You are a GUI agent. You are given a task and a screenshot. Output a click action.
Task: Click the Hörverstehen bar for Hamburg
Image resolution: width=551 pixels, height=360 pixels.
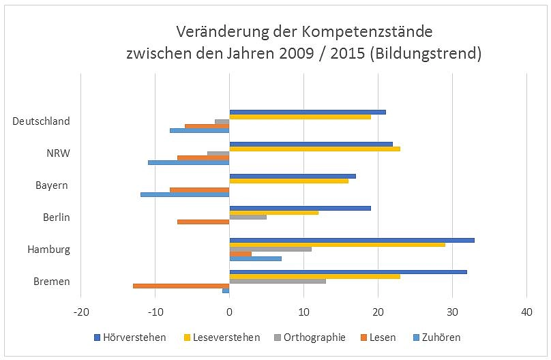(352, 240)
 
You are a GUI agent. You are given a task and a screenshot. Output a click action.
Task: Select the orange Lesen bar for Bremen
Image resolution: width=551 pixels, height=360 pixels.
(181, 286)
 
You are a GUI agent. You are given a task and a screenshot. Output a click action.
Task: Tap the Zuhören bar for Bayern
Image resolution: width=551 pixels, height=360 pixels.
(185, 194)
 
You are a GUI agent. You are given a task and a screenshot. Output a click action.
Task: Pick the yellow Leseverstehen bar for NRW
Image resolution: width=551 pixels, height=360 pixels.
(314, 148)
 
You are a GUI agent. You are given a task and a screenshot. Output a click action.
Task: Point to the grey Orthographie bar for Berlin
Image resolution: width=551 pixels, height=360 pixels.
(248, 217)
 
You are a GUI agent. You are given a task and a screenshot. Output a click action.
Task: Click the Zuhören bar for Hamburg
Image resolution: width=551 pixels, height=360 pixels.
(255, 258)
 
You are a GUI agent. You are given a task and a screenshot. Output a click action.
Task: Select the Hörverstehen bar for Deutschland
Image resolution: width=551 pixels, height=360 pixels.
(308, 112)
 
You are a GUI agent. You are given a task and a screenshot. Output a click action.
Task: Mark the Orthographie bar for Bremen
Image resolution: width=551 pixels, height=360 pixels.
(278, 281)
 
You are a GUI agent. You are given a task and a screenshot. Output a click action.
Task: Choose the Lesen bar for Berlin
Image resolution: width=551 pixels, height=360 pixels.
(203, 222)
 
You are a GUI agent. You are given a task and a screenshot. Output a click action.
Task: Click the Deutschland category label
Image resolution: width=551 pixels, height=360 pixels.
(41, 121)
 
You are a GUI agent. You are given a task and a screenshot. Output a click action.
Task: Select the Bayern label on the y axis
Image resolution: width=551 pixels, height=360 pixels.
(52, 185)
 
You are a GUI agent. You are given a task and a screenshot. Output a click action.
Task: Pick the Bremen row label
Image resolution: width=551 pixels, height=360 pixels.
(51, 282)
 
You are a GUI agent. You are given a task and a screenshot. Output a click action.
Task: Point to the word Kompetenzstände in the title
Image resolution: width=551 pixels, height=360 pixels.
(373, 31)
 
